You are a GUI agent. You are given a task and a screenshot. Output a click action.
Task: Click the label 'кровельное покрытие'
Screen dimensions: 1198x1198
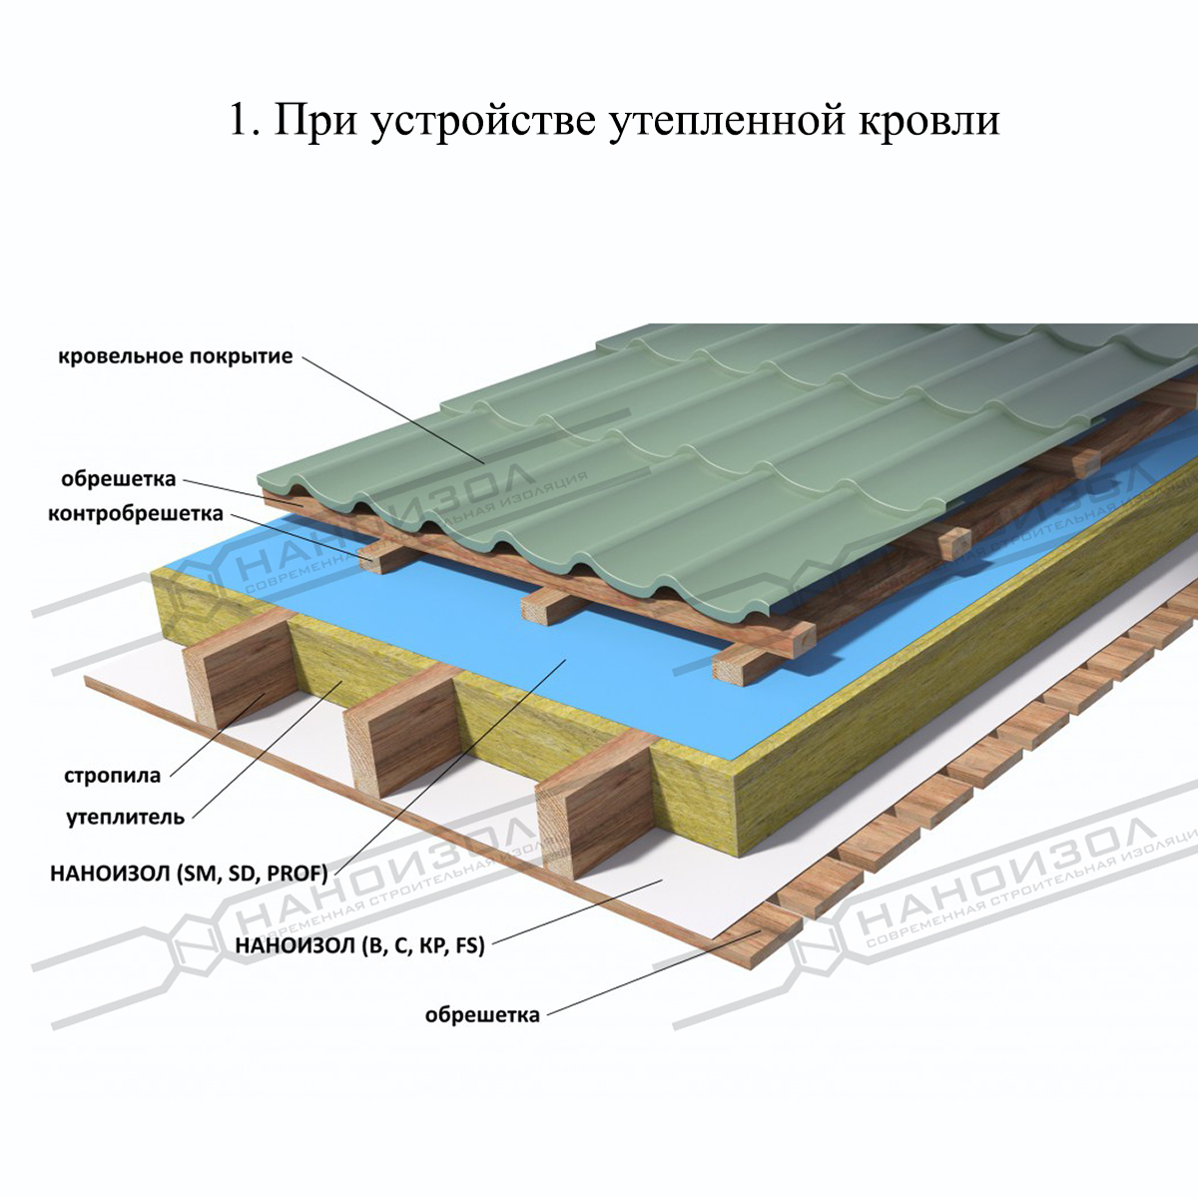(176, 356)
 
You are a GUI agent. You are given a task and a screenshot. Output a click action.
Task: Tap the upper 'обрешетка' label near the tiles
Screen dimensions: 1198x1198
(118, 479)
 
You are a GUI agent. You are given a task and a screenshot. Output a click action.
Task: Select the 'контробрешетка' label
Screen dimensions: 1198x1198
(136, 515)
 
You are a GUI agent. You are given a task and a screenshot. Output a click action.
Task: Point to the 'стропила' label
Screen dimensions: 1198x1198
(112, 776)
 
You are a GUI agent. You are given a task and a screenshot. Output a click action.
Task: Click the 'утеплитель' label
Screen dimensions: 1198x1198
(126, 818)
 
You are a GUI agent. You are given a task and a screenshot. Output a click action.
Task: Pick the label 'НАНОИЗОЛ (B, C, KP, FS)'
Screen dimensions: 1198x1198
(359, 945)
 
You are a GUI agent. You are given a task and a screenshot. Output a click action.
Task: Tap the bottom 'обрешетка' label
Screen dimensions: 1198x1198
(482, 1015)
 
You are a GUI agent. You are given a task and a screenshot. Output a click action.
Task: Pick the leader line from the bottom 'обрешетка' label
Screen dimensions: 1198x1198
(649, 973)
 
